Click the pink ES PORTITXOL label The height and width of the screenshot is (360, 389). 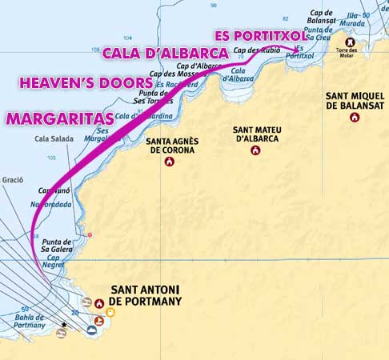[x=261, y=35]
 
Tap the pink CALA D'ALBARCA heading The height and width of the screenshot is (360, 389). [x=166, y=54]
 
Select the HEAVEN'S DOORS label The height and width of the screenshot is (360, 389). [x=86, y=82]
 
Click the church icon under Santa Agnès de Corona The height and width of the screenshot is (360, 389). [x=170, y=162]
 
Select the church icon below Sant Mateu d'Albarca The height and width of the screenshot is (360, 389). [x=255, y=150]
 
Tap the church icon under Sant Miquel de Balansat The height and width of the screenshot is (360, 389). [x=354, y=118]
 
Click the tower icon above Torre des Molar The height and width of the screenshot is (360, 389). [x=350, y=42]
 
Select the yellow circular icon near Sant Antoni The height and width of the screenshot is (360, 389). [x=110, y=311]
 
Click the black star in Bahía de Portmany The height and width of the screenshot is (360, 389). [x=63, y=325]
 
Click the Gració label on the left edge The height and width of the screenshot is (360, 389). [x=12, y=180]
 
